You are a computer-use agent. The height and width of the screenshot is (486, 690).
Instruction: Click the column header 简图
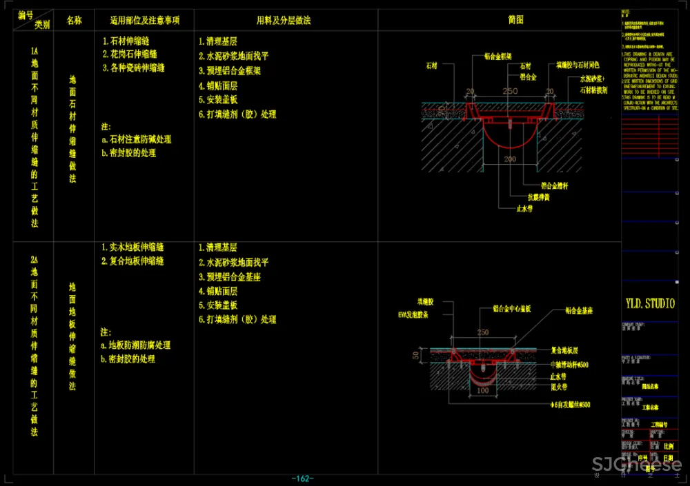tap(515, 20)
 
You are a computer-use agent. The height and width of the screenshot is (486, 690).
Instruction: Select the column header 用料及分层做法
tap(284, 21)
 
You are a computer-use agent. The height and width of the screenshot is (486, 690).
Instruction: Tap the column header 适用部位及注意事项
tap(145, 21)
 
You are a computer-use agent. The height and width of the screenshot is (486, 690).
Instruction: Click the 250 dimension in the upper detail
tap(510, 92)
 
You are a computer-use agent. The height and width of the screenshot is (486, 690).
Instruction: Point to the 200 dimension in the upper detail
tap(510, 159)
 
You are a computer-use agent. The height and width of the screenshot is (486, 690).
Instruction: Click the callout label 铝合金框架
tap(497, 56)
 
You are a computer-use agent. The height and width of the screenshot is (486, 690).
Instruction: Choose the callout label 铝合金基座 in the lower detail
tap(579, 312)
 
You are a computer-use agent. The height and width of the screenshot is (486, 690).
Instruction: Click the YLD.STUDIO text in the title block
tap(650, 304)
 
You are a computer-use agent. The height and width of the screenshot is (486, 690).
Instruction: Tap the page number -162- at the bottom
tap(303, 478)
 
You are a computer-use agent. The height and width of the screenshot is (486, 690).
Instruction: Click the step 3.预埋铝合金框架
tap(230, 70)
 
